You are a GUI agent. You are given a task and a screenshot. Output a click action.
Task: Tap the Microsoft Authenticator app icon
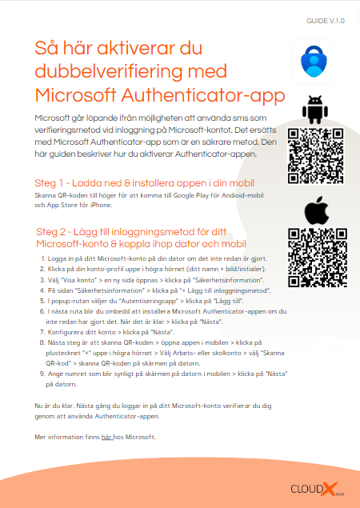(314, 62)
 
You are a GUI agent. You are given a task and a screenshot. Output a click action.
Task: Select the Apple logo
(314, 210)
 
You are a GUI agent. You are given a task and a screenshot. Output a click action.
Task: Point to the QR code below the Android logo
(314, 156)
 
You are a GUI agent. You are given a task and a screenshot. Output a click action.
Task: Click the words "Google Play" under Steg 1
(194, 195)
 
